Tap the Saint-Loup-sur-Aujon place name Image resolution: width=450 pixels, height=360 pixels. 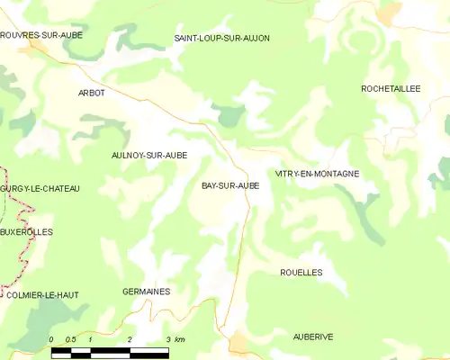coord(221,38)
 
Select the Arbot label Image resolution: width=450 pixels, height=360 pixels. coord(92,93)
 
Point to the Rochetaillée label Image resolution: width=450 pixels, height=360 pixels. coord(391,89)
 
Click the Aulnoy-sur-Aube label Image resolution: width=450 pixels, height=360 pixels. coord(148,155)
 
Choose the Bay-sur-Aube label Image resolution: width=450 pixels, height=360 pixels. coord(230,185)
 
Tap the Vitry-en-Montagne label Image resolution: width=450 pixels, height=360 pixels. coord(318,173)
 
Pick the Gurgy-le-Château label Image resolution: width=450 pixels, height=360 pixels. coord(40,188)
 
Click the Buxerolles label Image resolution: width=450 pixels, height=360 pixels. coord(27,231)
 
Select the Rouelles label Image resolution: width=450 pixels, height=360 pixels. coord(301,272)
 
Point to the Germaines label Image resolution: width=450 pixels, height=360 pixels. coord(146,292)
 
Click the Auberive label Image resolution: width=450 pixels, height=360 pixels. coord(313,336)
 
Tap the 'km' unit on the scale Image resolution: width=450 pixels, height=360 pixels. coord(180,339)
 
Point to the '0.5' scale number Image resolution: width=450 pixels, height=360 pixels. coord(70,339)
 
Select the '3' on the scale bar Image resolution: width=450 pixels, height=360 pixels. coord(168,339)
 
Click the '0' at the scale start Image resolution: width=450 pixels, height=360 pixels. coord(52,339)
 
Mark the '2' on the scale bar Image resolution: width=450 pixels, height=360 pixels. coord(130,339)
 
